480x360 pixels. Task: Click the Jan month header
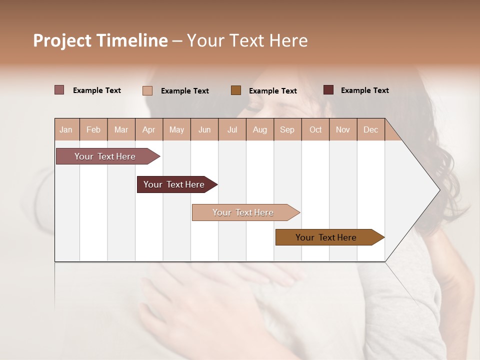(66, 129)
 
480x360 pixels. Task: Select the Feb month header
(93, 129)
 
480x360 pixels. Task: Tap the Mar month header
(121, 129)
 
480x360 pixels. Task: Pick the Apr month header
(148, 129)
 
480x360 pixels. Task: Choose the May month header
(176, 129)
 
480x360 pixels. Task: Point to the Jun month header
(204, 129)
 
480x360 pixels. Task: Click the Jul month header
(232, 129)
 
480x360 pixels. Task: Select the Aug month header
(259, 129)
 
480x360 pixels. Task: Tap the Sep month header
(287, 129)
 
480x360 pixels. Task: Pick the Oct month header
(315, 129)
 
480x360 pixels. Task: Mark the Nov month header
(343, 129)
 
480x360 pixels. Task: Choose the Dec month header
(370, 129)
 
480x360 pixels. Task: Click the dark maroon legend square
(328, 90)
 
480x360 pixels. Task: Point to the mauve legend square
(59, 90)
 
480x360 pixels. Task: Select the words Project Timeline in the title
(100, 40)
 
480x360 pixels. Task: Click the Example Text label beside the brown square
(272, 90)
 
